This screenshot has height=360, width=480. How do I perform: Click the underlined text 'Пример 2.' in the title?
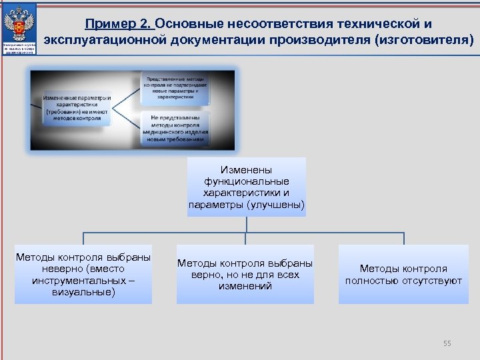point(119,24)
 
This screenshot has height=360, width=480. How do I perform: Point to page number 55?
point(447,343)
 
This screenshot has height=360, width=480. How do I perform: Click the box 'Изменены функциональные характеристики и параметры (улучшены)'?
point(246,187)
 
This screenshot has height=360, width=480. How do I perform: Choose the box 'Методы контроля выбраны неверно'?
point(83,274)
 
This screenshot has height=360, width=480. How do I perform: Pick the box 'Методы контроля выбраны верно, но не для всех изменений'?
point(245,274)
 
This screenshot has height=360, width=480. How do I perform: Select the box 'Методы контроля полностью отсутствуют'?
point(403,274)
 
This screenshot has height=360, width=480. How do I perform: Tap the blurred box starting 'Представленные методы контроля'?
point(175,87)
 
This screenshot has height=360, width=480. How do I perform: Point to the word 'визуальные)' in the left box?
point(83,292)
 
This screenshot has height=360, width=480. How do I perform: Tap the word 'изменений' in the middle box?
point(245,286)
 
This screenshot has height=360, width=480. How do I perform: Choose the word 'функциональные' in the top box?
point(246,181)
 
